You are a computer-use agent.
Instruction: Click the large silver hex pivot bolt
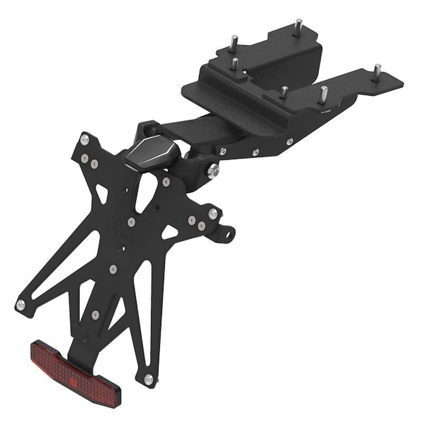(214, 171)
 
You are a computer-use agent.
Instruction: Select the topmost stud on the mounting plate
(298, 27)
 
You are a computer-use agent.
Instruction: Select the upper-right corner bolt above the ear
(213, 214)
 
